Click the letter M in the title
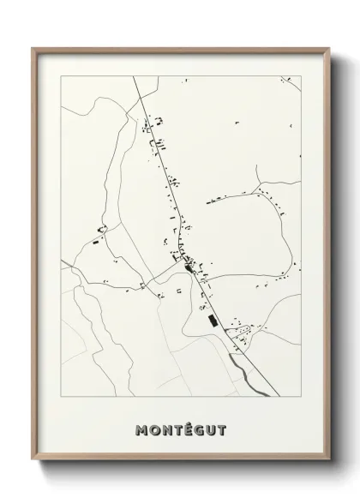[141, 430]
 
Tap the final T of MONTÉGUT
[225, 430]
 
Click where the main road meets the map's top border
[135, 76]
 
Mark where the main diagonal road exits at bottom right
[278, 397]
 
